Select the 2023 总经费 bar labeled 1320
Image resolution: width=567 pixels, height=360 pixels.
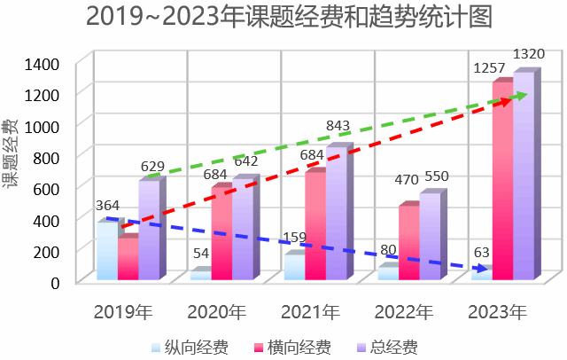(524, 177)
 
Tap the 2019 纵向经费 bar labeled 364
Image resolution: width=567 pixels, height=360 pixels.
(106, 251)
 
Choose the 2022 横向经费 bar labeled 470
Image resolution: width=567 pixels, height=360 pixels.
(408, 243)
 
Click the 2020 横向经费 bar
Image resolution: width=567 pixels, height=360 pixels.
(221, 232)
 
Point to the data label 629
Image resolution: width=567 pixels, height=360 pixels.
(152, 166)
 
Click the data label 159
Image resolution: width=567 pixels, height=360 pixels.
(293, 238)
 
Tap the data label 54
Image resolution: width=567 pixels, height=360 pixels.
(201, 254)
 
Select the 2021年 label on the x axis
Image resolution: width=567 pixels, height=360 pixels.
(310, 312)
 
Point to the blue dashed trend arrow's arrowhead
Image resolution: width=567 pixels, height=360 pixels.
(481, 268)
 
